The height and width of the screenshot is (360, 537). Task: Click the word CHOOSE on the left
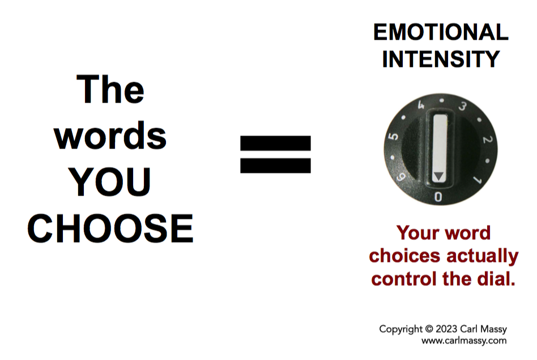coord(110,228)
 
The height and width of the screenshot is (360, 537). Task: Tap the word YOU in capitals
coord(109,182)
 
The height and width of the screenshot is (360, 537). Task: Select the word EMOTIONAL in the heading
coord(441,32)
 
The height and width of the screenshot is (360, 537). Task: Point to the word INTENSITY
coord(441,59)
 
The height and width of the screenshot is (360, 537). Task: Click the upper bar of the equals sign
coord(275,143)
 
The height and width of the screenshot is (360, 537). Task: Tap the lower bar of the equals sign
coord(275,166)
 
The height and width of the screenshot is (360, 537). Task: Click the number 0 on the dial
coord(438,197)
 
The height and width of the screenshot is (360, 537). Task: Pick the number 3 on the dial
coord(462,106)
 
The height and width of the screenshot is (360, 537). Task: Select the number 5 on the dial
coord(394,136)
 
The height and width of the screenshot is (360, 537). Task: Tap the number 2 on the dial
coord(488,139)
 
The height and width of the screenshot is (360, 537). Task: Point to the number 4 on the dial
coord(421,104)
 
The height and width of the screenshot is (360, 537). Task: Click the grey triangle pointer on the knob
coord(438,176)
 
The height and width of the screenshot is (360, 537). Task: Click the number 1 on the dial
coord(478,180)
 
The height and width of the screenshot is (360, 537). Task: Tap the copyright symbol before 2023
coord(429,329)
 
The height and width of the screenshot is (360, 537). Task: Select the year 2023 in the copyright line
coord(446,329)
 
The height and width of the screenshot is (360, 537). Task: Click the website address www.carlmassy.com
coord(464,341)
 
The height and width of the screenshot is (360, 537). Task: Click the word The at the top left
coord(110,89)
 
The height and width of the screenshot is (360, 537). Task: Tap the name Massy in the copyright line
coord(493,329)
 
